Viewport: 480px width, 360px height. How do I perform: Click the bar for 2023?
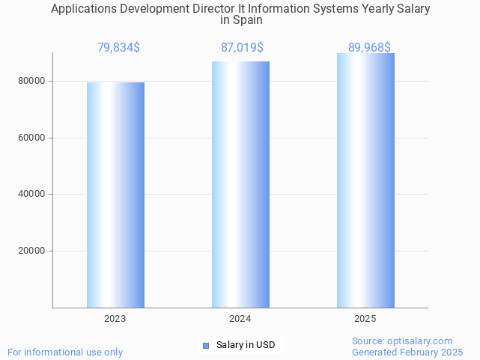115,195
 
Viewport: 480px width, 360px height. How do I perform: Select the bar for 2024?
240,184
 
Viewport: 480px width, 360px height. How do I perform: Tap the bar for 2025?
365,180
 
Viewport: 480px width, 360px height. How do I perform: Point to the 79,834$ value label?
118,48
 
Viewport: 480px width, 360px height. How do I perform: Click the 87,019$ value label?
242,48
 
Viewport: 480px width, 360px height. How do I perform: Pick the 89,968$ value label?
369,48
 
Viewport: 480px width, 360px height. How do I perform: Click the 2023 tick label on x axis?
115,319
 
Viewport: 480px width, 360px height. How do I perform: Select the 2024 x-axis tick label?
240,319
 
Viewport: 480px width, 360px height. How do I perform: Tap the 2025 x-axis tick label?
365,319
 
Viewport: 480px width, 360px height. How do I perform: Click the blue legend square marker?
207,345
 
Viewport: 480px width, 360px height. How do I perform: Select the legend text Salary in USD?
246,345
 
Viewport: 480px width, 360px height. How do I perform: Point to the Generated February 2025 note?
407,352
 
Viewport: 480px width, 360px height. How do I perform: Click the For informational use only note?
65,352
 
